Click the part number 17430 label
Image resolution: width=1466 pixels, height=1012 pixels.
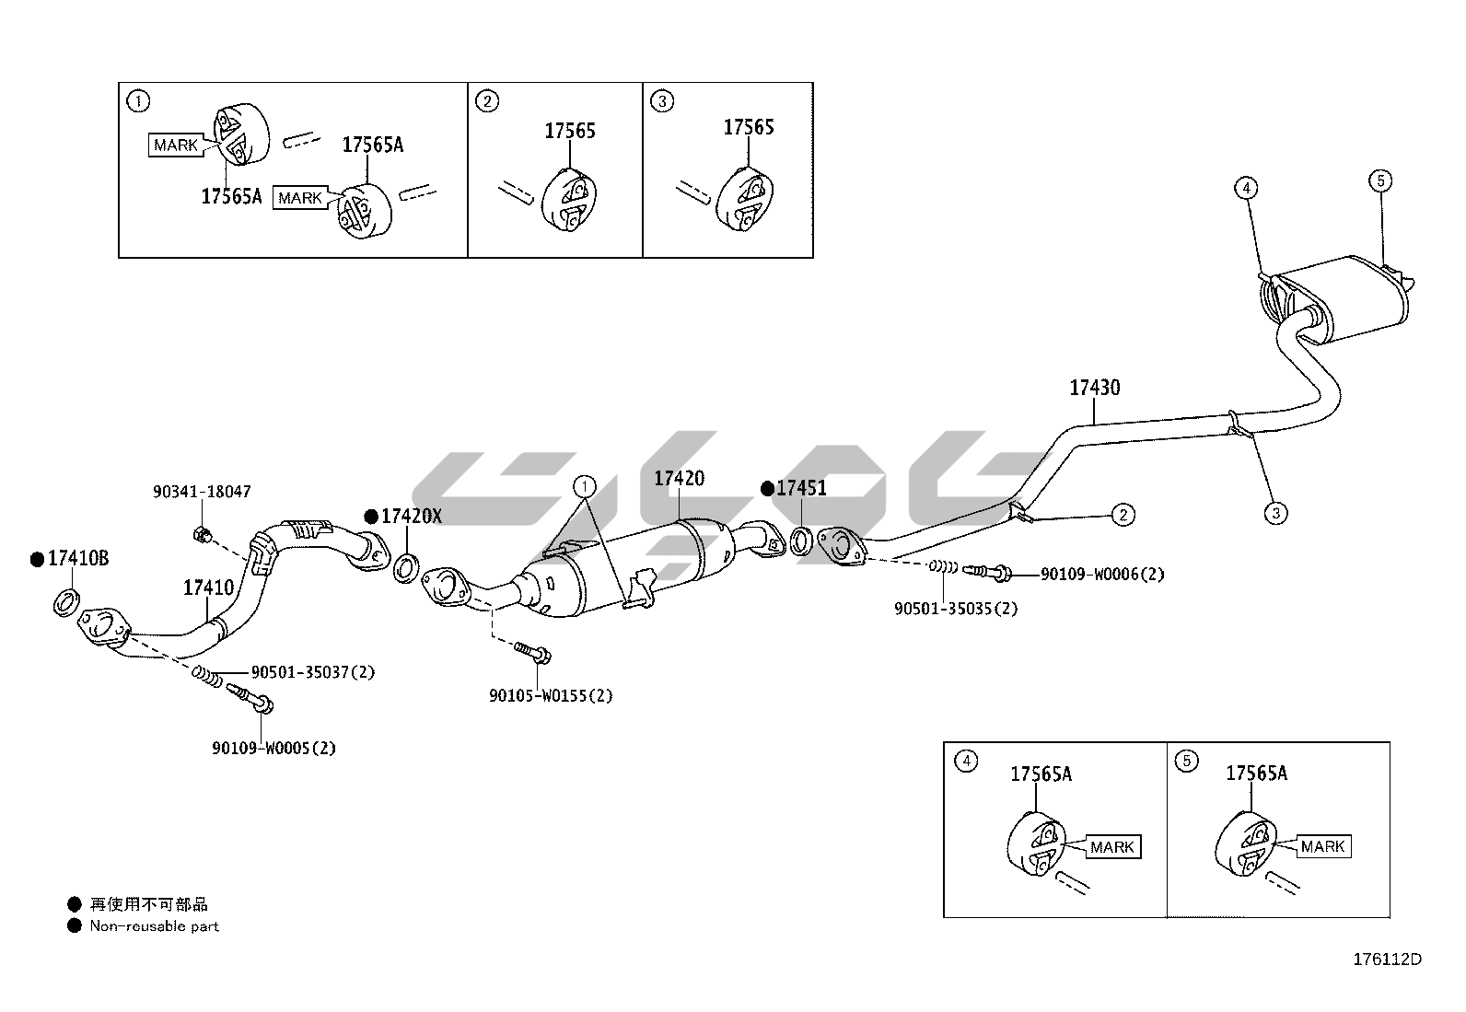[x=1094, y=388]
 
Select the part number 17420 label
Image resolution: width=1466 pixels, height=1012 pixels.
[x=679, y=478]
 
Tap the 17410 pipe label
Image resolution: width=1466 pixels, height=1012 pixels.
[x=208, y=587]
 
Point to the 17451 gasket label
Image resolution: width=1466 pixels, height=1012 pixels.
[x=801, y=488]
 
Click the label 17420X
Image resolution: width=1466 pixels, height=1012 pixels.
[x=411, y=516]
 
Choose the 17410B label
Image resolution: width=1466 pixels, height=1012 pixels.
[x=78, y=558]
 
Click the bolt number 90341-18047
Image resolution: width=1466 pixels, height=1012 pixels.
[x=202, y=493]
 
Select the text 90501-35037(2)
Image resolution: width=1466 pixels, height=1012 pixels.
[x=313, y=672]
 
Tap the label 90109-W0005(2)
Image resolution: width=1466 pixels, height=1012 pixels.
[x=273, y=748]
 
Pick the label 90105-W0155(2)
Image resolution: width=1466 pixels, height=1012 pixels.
[x=551, y=695]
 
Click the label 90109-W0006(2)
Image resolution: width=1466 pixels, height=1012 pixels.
[x=1102, y=575]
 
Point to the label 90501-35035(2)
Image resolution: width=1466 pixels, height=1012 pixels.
[x=956, y=608]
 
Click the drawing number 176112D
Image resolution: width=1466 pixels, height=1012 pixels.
[x=1386, y=959]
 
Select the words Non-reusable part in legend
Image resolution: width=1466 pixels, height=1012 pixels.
[x=154, y=926]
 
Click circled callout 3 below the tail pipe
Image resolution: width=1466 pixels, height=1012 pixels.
[x=1274, y=513]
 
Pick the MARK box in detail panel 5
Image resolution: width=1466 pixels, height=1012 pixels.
[x=1323, y=846]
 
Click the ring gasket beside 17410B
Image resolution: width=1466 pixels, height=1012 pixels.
[x=65, y=604]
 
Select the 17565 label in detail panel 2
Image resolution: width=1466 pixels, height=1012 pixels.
[x=569, y=131]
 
